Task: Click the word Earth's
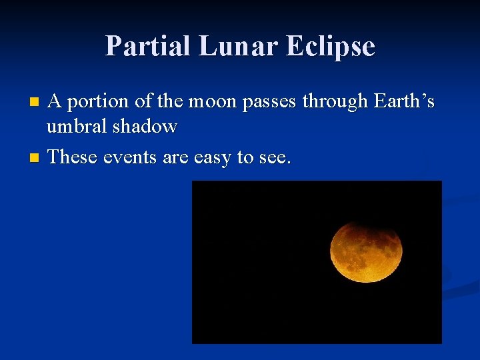(405, 101)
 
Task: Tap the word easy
(212, 158)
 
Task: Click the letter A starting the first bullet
(56, 101)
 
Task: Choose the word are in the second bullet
(175, 157)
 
